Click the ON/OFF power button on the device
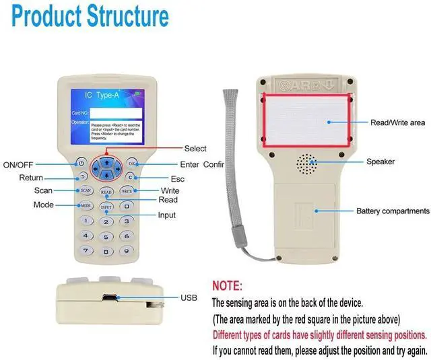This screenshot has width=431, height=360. (x=81, y=163)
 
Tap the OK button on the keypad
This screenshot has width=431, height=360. (x=132, y=164)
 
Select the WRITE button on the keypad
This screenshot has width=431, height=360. (x=127, y=191)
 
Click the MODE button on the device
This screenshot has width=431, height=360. (x=86, y=205)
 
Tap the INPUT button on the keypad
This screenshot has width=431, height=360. (x=106, y=207)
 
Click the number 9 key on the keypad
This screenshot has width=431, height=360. (x=125, y=250)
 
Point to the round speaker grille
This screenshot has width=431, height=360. (x=307, y=164)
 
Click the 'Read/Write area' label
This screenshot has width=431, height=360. (x=398, y=123)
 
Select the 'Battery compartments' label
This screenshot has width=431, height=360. (x=393, y=211)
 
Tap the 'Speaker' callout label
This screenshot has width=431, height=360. (x=380, y=162)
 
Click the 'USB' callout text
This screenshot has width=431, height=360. (x=189, y=297)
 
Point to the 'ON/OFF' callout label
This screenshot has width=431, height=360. (x=18, y=165)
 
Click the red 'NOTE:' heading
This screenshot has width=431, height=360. (x=227, y=285)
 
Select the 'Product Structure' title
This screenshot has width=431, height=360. (x=90, y=16)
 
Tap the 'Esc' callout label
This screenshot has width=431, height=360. (x=177, y=179)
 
